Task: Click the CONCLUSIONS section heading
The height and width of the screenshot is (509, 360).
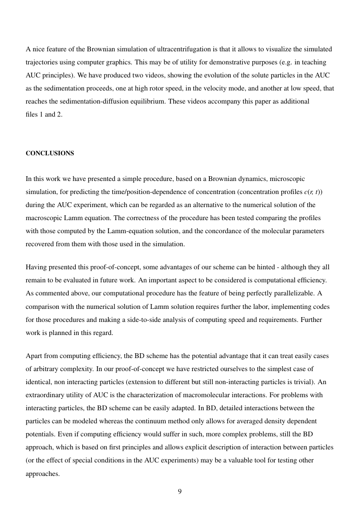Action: click(x=50, y=153)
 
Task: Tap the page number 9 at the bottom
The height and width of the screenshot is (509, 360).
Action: click(x=180, y=492)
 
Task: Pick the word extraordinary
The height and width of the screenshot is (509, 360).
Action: click(x=47, y=395)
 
